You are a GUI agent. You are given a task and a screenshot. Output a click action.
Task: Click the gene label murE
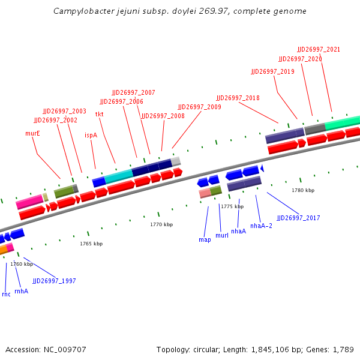coord(32,133)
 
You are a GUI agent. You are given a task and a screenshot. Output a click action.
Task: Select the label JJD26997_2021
coord(319,49)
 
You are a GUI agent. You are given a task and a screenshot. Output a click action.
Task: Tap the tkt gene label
coord(100,114)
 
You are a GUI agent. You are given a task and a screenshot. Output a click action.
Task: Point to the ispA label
coord(91,135)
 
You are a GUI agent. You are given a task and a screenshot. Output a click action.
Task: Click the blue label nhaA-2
coord(261,226)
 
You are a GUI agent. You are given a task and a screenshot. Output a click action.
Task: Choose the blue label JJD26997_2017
coord(298,218)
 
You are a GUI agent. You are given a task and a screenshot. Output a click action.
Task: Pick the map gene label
coord(205,239)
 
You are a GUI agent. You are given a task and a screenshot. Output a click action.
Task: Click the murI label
coord(221,235)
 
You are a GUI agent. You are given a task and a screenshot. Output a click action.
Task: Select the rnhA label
coord(21,291)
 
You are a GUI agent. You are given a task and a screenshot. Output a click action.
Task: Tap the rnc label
coord(6,294)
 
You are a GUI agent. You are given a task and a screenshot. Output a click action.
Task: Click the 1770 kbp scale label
coord(161,224)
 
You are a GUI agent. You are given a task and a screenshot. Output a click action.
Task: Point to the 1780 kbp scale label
coord(303,190)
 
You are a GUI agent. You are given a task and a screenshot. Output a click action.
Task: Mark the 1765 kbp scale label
coord(91,244)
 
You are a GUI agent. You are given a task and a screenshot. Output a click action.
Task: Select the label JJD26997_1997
coord(54,281)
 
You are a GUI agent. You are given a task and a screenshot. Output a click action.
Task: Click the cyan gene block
coord(118,175)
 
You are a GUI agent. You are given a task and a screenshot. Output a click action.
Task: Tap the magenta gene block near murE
coord(29,201)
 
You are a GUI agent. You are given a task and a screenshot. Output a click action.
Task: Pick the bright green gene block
coord(342,123)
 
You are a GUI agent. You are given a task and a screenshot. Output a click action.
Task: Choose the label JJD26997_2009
coord(199,107)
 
